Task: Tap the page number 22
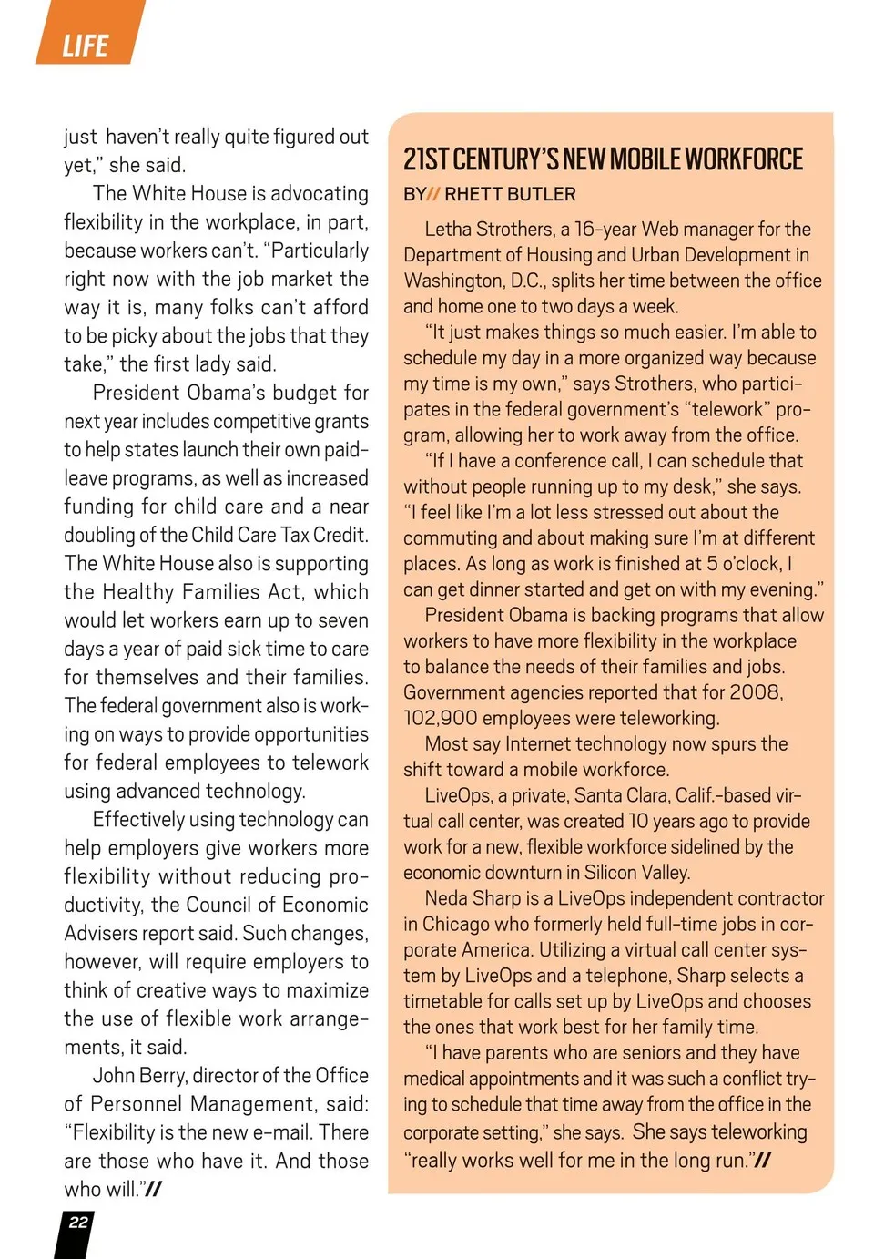coord(78,1223)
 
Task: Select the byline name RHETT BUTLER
coord(510,194)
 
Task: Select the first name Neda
coord(446,898)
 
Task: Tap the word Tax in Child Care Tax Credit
coord(278,535)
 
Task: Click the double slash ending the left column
coord(153,1189)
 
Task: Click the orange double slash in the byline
coord(433,194)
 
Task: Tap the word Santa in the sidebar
coord(598,795)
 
